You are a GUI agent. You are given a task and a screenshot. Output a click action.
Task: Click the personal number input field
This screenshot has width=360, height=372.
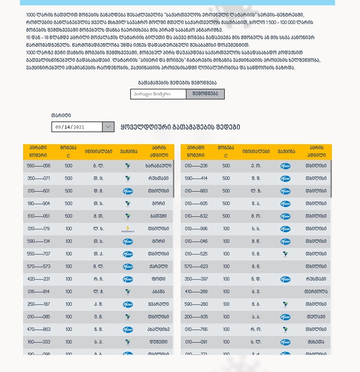(158, 94)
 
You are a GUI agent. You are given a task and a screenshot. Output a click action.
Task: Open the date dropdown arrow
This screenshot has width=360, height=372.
(109, 127)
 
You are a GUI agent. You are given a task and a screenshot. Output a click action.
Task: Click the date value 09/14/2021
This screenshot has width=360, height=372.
(77, 127)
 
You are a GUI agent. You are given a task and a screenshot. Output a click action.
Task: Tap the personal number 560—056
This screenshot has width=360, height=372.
(39, 166)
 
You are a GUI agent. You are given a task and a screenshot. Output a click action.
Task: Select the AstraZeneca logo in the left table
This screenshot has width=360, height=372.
(128, 229)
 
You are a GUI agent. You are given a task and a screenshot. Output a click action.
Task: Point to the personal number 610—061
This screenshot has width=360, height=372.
(39, 216)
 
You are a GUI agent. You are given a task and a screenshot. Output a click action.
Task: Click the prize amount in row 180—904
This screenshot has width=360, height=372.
(68, 203)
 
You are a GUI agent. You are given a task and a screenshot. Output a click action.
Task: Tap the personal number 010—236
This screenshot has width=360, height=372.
(196, 166)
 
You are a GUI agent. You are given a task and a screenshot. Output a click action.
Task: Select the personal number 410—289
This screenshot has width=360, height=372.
(196, 291)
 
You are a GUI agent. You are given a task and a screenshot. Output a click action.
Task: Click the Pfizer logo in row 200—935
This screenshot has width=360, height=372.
(285, 317)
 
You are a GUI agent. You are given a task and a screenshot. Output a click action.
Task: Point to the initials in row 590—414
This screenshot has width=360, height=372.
(256, 179)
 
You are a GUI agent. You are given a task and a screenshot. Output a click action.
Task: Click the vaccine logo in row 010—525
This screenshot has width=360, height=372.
(285, 254)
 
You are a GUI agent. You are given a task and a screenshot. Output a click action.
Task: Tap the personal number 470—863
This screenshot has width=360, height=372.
(39, 329)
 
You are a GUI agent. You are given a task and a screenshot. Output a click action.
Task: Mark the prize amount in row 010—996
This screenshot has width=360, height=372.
(226, 229)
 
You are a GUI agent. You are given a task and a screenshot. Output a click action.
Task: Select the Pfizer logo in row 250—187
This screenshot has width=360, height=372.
(128, 304)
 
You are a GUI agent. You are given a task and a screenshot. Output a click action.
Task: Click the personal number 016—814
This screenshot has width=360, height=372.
(39, 291)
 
